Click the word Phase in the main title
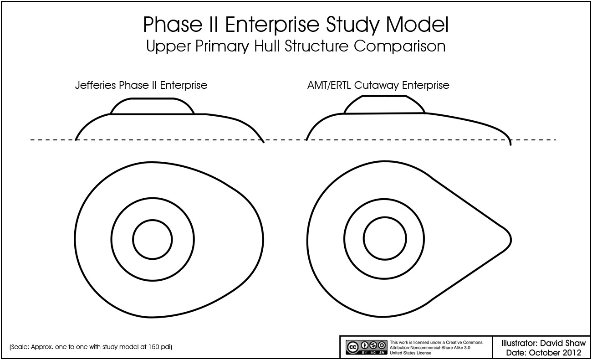pos(173,24)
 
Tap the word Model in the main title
pos(417,24)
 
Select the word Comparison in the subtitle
pos(400,46)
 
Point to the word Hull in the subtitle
pos(266,46)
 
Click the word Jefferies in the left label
pos(96,85)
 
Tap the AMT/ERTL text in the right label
pos(329,85)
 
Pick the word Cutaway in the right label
pos(376,86)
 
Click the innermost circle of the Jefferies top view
pos(153,220)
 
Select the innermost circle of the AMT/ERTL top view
pos(385,217)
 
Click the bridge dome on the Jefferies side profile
pos(153,99)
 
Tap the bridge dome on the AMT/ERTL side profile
pos(384,96)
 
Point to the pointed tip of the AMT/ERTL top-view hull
pos(511,240)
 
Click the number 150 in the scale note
pos(153,347)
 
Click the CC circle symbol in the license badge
pos(352,347)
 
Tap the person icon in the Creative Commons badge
pos(365,345)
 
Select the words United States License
pos(410,353)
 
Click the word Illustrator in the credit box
pos(519,343)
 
